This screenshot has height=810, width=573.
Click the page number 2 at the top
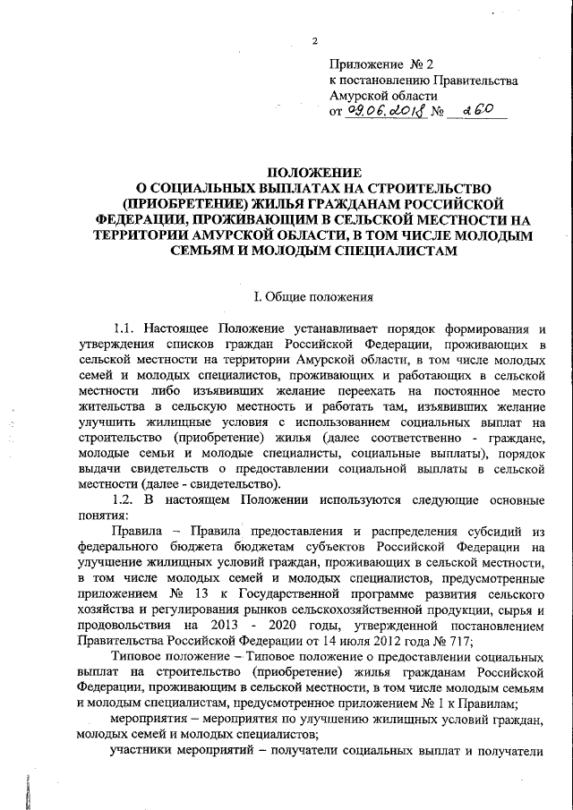click(315, 40)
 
